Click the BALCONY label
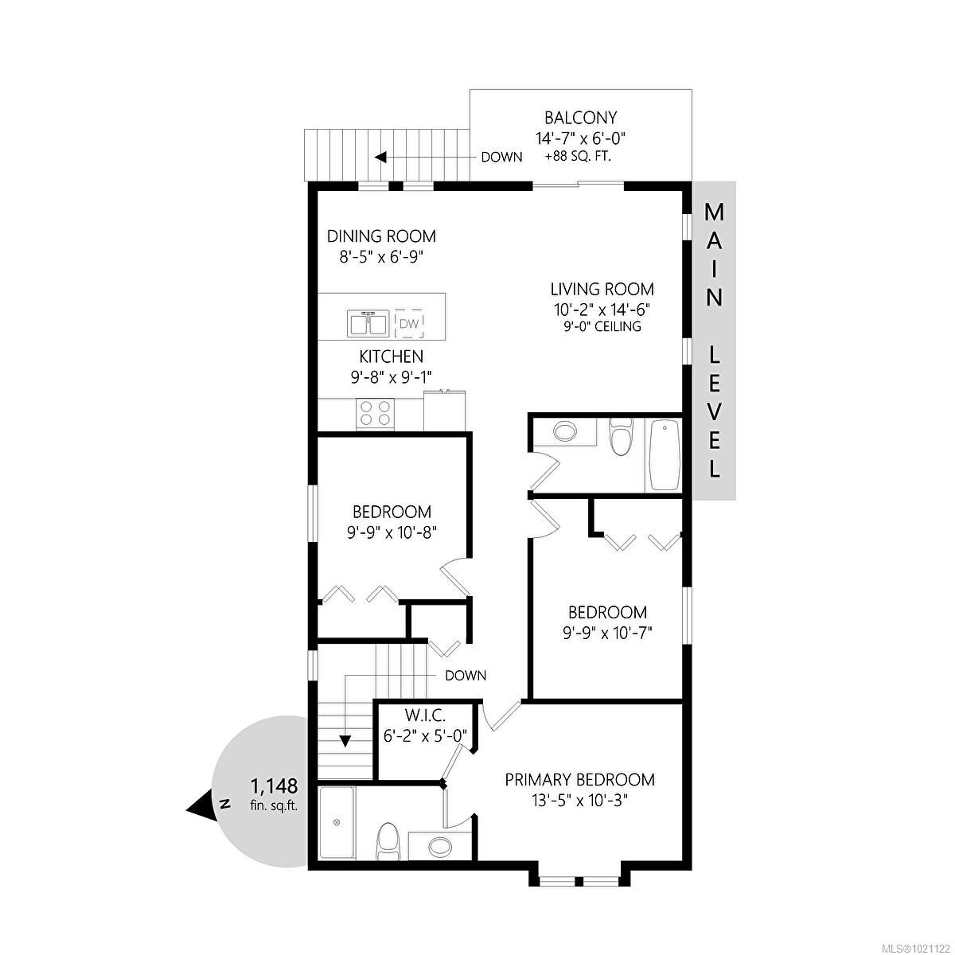click(580, 118)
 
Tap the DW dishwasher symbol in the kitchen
click(409, 323)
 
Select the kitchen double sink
click(367, 324)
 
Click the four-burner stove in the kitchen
click(376, 413)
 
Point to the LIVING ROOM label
click(602, 289)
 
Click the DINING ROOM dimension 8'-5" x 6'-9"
click(382, 257)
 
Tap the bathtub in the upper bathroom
click(663, 455)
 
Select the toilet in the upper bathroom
click(619, 439)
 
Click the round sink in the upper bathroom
click(565, 432)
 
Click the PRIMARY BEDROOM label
click(579, 779)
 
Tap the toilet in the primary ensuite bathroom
click(387, 840)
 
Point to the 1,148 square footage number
click(274, 786)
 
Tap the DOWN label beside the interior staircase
click(466, 676)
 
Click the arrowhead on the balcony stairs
click(381, 157)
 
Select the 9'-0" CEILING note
click(602, 326)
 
